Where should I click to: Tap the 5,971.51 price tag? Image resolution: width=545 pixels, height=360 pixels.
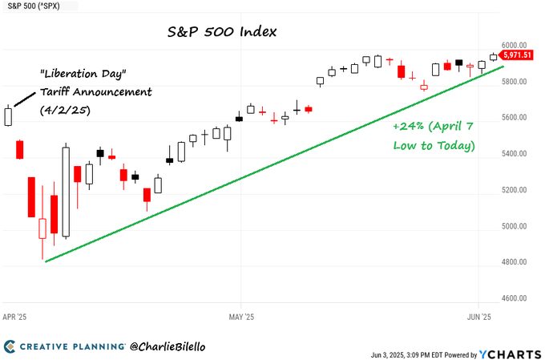pyautogui.click(x=519, y=55)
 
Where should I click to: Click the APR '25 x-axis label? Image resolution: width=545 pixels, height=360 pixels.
pyautogui.click(x=14, y=317)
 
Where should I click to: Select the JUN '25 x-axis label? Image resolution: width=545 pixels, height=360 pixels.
pyautogui.click(x=478, y=317)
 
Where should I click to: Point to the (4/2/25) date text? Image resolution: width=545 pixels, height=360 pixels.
pyautogui.click(x=65, y=110)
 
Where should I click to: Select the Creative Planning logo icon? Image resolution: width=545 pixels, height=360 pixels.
pyautogui.click(x=11, y=346)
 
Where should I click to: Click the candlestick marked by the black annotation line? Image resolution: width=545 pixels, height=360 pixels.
pyautogui.click(x=9, y=116)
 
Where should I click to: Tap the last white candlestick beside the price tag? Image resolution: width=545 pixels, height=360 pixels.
pyautogui.click(x=493, y=56)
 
